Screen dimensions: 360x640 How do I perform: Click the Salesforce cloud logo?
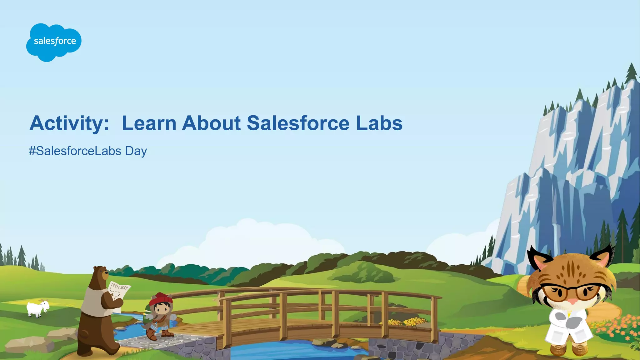54,42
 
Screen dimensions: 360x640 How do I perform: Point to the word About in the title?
211,123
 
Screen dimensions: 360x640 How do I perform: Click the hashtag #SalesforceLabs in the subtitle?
75,151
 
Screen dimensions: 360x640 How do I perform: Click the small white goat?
37,308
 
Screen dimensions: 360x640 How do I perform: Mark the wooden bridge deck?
250,328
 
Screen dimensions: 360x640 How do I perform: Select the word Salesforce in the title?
298,123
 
